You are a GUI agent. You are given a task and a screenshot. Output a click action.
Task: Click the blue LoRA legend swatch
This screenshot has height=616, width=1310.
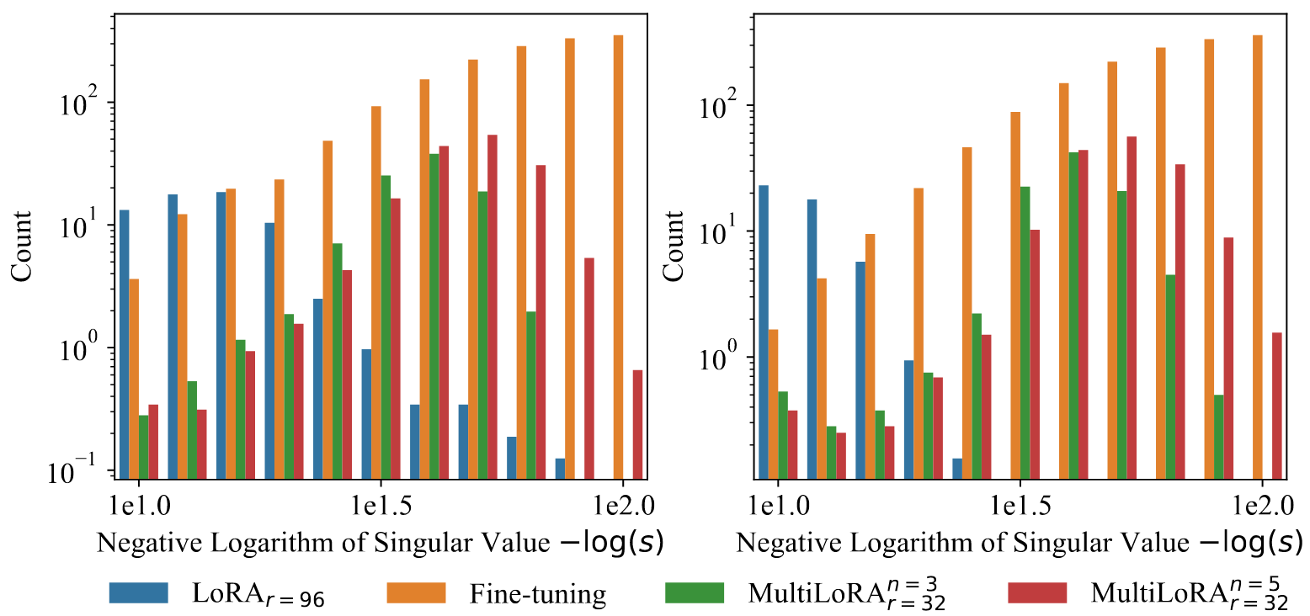(139, 593)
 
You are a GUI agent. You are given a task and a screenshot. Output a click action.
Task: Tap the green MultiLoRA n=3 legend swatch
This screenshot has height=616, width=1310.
(694, 593)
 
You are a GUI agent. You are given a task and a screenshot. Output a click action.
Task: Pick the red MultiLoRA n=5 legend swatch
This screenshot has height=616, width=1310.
(1037, 593)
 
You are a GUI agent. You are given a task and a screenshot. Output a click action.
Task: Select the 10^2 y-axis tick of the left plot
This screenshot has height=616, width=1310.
(83, 102)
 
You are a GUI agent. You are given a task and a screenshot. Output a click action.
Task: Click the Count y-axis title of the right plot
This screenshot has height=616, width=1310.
(674, 246)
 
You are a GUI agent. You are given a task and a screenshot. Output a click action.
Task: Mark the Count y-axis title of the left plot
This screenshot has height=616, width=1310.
(20, 246)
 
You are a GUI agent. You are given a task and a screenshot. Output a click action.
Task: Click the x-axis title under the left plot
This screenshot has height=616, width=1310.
(381, 543)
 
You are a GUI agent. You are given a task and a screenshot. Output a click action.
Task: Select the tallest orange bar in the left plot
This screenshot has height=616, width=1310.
(618, 258)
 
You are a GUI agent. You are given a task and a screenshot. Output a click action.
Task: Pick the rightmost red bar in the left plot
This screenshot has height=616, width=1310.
(637, 425)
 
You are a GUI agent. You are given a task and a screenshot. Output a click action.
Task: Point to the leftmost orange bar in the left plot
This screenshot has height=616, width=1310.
(134, 379)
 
